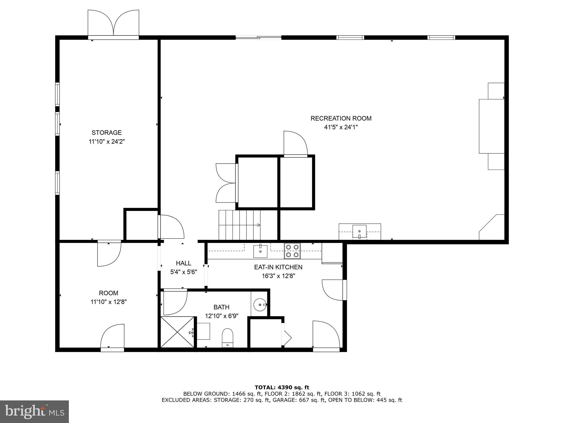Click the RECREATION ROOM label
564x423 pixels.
click(x=341, y=118)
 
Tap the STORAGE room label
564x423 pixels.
click(x=107, y=132)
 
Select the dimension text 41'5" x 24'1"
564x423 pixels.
click(x=341, y=127)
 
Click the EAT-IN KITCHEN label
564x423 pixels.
click(x=278, y=267)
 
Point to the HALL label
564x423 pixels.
click(x=183, y=263)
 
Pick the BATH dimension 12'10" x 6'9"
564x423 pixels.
click(x=221, y=316)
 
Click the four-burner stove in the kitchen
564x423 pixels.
click(x=292, y=251)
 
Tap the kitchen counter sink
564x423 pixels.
click(x=260, y=251)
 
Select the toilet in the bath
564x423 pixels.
click(x=227, y=338)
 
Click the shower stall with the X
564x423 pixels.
click(x=177, y=332)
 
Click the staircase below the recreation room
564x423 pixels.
click(x=240, y=225)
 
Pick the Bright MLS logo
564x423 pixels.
click(x=34, y=411)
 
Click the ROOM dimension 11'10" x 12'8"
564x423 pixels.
click(x=109, y=302)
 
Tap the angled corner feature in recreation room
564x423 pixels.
click(x=492, y=227)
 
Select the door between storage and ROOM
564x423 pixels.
click(x=109, y=254)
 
